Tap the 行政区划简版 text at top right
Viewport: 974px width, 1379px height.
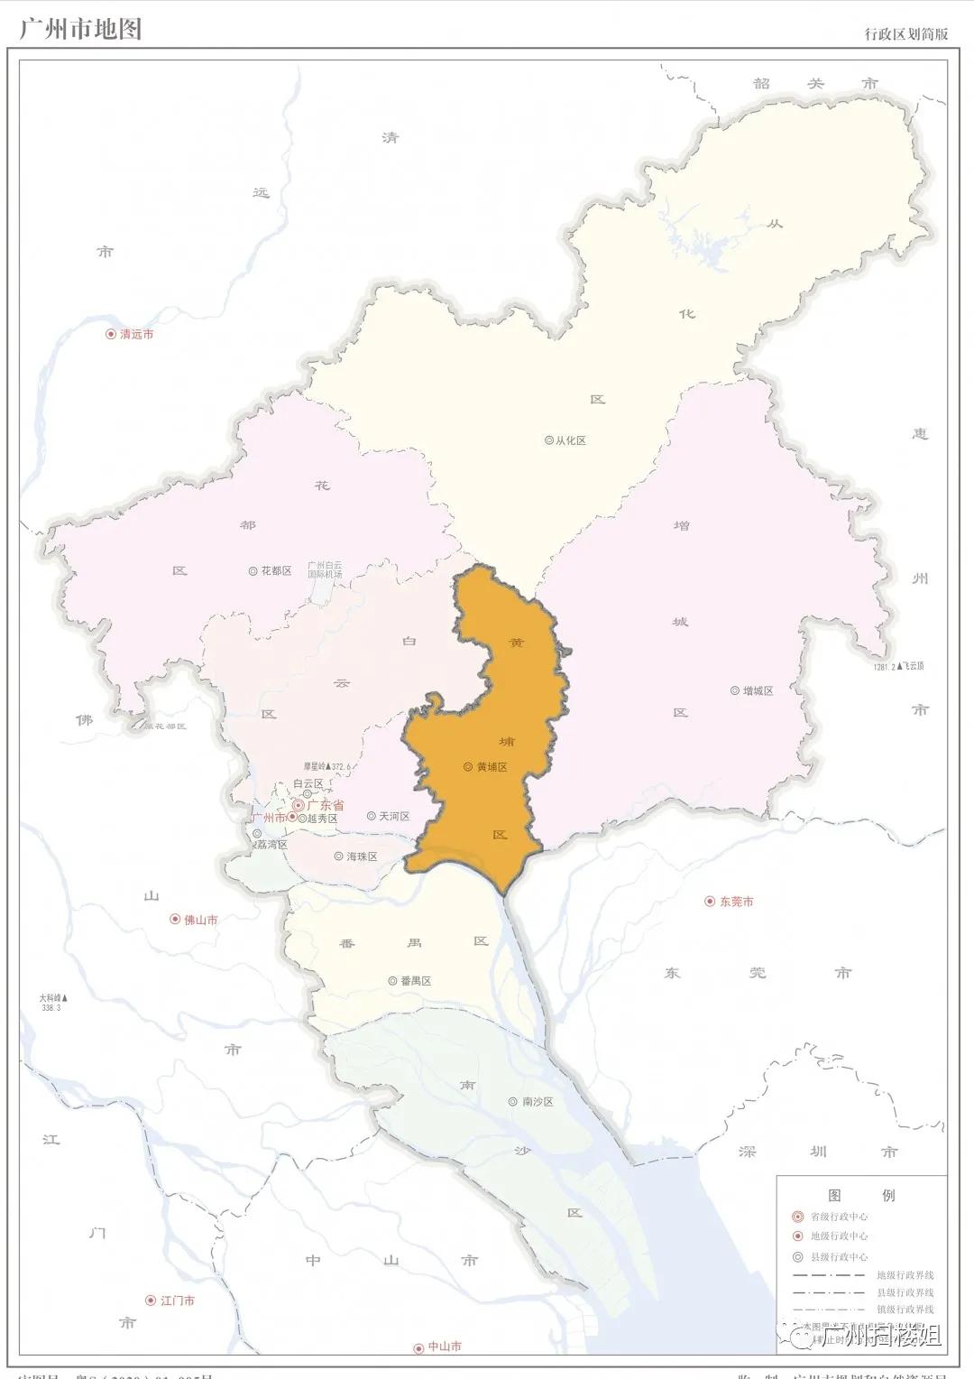(905, 34)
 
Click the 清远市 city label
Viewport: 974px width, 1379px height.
(136, 334)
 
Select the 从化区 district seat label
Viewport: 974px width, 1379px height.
(570, 440)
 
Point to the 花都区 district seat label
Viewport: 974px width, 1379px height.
(276, 571)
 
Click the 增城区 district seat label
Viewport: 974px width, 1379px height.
(758, 690)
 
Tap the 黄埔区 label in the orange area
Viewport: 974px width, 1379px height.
(492, 767)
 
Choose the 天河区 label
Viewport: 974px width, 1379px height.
(394, 816)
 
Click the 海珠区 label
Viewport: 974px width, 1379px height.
(362, 856)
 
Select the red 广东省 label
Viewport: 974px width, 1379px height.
(326, 804)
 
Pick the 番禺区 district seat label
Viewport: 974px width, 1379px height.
(416, 981)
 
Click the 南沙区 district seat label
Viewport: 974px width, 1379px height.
(538, 1102)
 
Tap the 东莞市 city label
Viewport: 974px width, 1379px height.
(736, 902)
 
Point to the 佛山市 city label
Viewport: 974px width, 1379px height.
(200, 920)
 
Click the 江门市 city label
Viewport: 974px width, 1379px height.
(177, 1300)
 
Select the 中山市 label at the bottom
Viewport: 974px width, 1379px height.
(444, 1347)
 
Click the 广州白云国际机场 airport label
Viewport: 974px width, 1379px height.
(325, 569)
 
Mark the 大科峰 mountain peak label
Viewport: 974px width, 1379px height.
(52, 999)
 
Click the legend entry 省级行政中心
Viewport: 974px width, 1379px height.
(839, 1216)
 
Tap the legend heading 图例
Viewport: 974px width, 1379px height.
(861, 1195)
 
